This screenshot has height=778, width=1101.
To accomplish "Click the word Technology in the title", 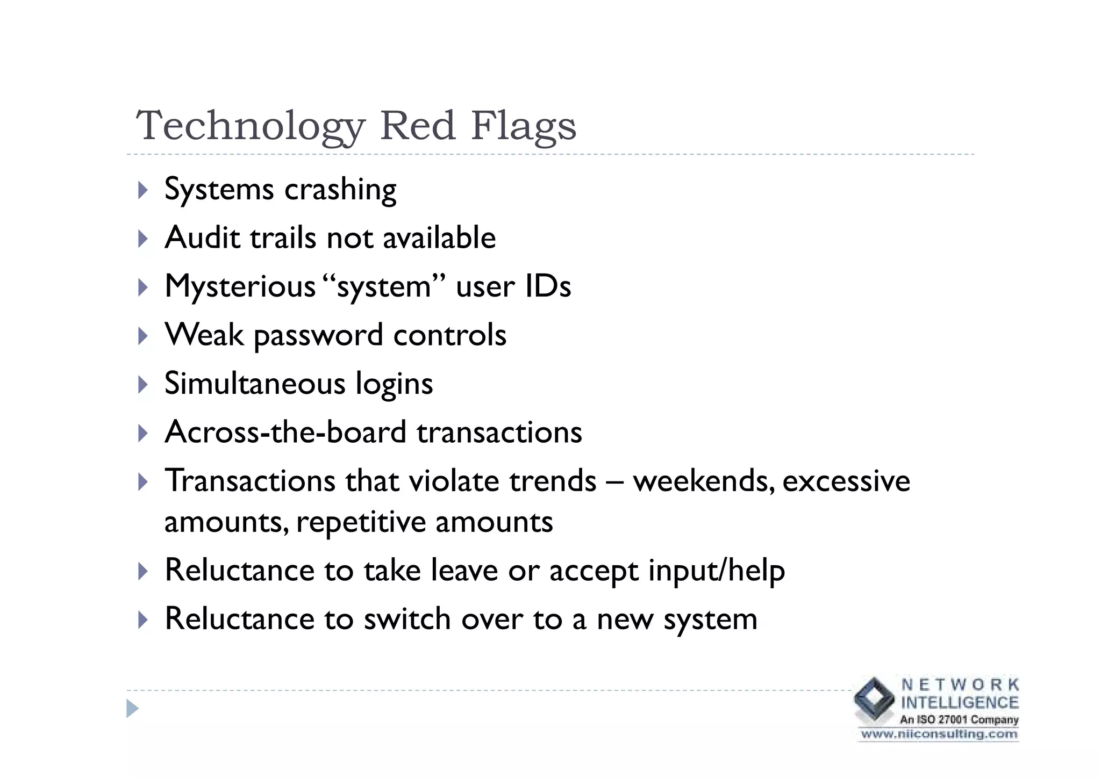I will tap(251, 126).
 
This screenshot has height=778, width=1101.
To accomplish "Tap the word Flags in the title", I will tap(523, 126).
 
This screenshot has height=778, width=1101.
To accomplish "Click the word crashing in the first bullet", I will tap(340, 190).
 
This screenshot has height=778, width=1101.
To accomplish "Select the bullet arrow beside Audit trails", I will tap(142, 239).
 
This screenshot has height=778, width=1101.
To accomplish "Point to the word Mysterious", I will tap(240, 286).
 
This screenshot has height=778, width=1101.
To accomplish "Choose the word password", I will tap(318, 336).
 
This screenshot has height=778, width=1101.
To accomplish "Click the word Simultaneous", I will tap(254, 384).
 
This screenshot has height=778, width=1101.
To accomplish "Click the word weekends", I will tap(704, 481).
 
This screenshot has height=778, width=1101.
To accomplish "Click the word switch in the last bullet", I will tap(407, 619).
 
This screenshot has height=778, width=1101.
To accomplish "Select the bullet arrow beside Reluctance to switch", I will tap(142, 619).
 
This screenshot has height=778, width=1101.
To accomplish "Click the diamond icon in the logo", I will tap(875, 698).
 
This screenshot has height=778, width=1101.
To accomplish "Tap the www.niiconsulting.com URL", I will tap(939, 734).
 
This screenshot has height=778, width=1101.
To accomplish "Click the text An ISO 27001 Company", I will tap(959, 719).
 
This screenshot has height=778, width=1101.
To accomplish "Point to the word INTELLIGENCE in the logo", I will tap(960, 702).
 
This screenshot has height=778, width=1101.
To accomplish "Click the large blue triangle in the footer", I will tap(132, 709).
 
